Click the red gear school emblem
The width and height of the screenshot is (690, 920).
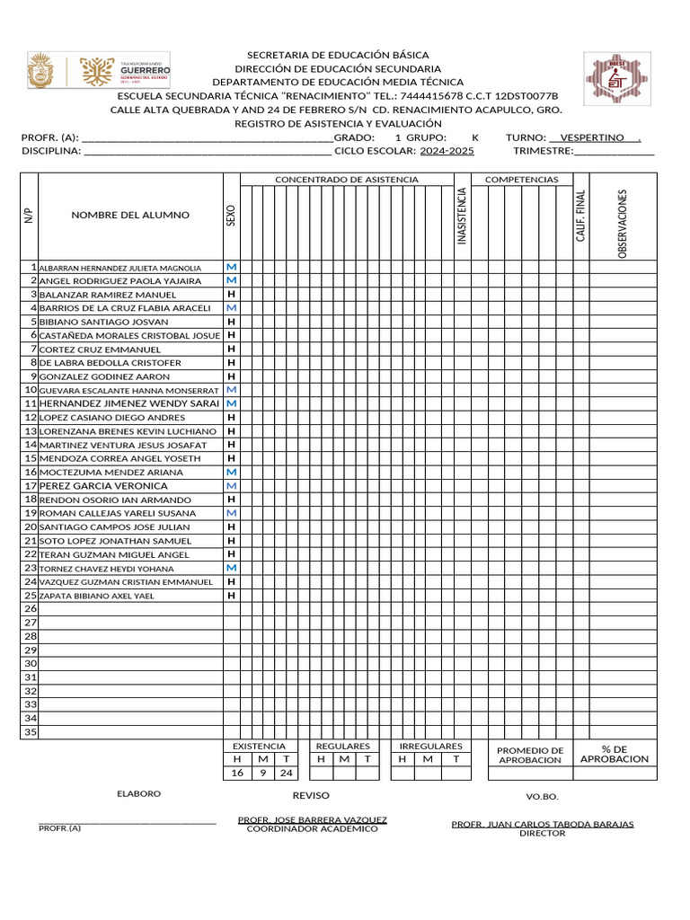615,78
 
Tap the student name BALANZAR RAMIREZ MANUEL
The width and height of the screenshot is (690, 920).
108,295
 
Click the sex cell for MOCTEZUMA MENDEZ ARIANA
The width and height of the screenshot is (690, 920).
232,472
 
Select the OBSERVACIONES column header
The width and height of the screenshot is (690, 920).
622,224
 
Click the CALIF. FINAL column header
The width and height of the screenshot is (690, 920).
581,216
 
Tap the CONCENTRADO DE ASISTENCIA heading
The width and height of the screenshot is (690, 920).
346,180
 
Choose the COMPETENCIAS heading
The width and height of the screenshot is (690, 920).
521,180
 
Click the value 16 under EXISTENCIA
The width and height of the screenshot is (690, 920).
237,773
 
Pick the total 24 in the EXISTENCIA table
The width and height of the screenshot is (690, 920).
286,773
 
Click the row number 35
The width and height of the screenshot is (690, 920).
31,732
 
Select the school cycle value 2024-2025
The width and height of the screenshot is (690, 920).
447,151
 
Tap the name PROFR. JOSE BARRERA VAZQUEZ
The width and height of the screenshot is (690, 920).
312,819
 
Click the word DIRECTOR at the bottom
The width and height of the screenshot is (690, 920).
542,833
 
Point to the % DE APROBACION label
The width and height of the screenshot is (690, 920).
614,754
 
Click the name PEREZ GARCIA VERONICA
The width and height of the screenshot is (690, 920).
103,486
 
